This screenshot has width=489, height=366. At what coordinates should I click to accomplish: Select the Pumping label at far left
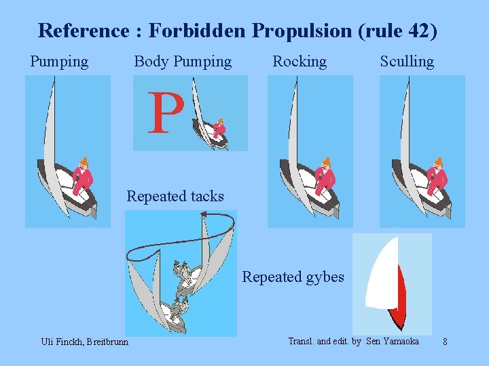point(59,62)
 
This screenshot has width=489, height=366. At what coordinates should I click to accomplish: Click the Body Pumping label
point(183,62)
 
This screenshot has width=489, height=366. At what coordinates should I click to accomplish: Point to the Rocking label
point(300,62)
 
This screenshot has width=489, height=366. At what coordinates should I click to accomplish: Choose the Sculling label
point(407,62)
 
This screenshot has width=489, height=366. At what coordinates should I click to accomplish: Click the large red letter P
point(166,113)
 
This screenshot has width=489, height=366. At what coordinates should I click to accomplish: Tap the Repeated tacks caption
point(175,197)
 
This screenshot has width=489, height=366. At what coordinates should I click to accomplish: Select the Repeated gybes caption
point(293,277)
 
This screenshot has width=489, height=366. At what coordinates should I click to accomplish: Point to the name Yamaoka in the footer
point(400,341)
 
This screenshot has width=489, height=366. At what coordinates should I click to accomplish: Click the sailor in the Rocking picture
point(325,178)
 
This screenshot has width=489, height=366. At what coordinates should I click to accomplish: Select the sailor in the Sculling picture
point(437,178)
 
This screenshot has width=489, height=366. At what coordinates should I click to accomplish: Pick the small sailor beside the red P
point(219,128)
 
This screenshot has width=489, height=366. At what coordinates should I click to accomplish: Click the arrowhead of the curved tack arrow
point(203,215)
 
